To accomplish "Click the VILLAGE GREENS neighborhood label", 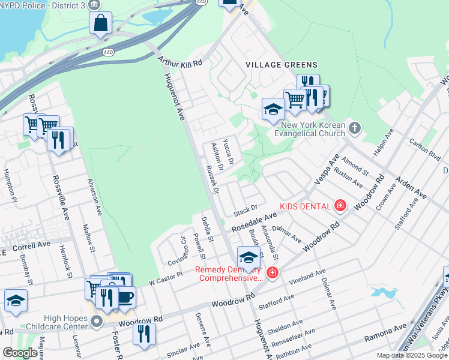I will (x=281, y=64).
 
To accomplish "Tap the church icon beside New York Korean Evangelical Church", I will (x=355, y=127).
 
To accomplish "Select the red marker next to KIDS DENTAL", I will (x=340, y=206).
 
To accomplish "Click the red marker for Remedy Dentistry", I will (x=272, y=273).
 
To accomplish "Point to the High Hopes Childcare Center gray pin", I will (x=96, y=322).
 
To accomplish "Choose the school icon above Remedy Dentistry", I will (x=249, y=257).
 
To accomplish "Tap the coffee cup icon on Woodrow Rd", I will (x=125, y=297).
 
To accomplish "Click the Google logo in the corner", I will (x=20, y=353).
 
